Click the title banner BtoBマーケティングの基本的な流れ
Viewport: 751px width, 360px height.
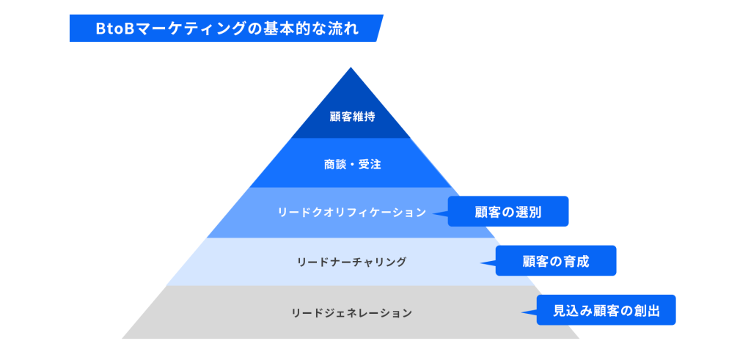pyautogui.click(x=226, y=29)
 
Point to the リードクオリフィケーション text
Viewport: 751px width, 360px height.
pyautogui.click(x=351, y=213)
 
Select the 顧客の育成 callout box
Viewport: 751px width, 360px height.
pyautogui.click(x=556, y=261)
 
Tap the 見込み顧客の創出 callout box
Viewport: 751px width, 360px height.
pyautogui.click(x=606, y=311)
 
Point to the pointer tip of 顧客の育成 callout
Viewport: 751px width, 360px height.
pyautogui.click(x=481, y=262)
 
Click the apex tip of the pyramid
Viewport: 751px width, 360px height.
pyautogui.click(x=351, y=69)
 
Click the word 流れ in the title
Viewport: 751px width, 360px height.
pyautogui.click(x=344, y=29)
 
